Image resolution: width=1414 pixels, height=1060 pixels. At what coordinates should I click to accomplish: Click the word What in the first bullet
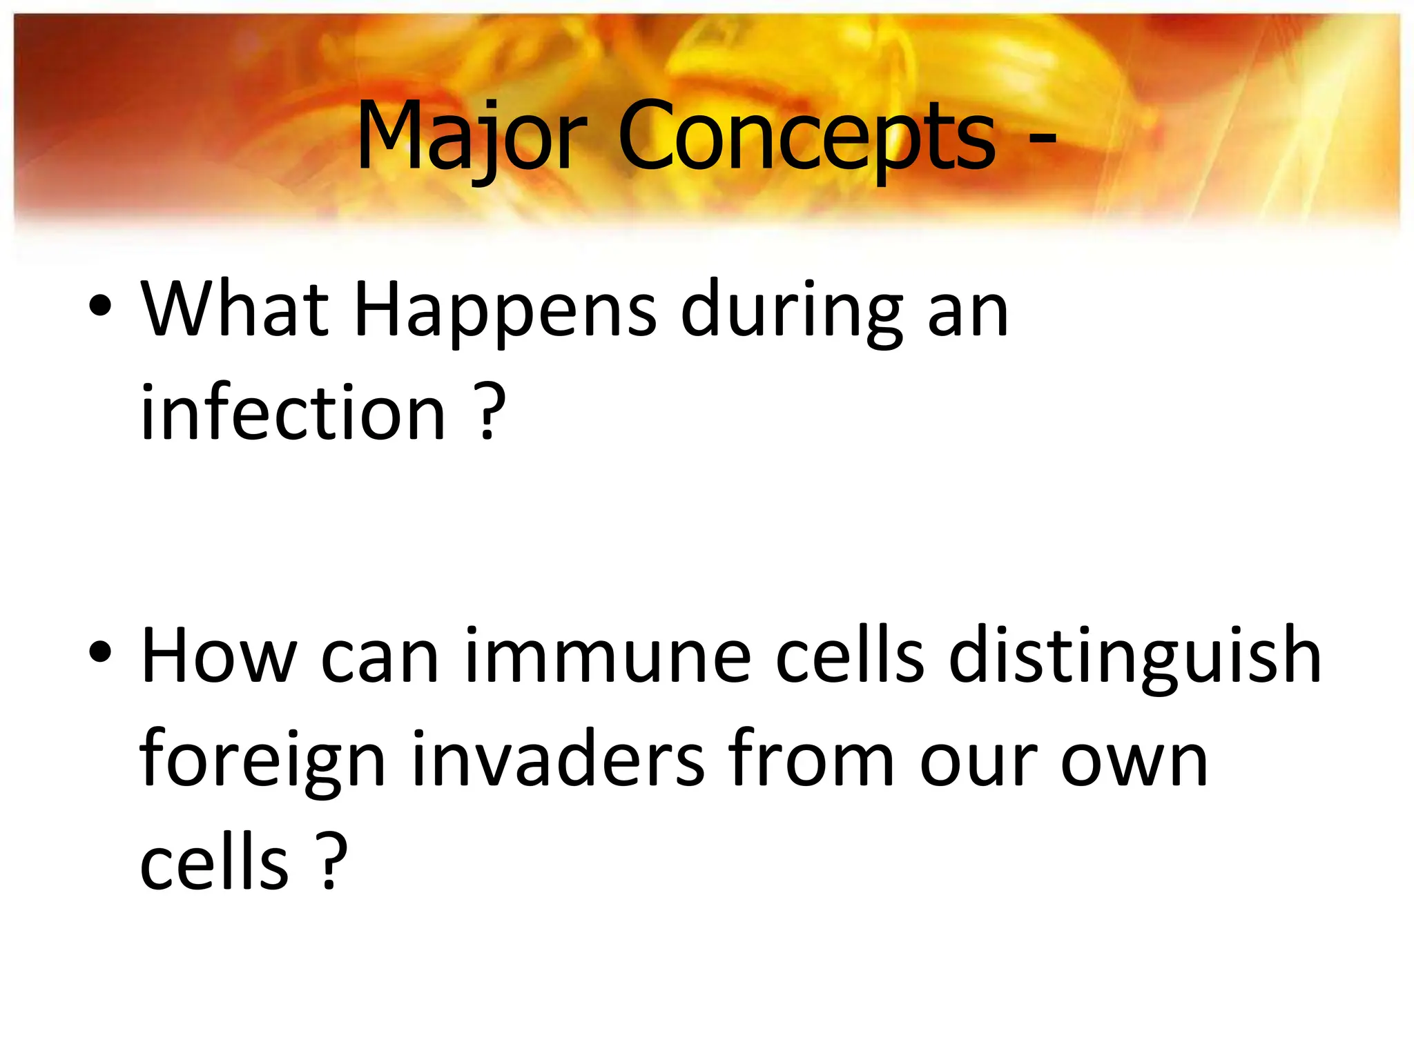[x=235, y=311]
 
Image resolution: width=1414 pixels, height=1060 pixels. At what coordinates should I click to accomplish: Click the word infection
[x=293, y=414]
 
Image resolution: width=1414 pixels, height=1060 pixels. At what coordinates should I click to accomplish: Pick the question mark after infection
[x=488, y=414]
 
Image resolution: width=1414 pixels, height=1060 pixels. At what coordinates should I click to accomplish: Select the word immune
[x=608, y=656]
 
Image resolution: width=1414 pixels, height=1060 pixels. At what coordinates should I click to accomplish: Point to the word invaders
[x=558, y=759]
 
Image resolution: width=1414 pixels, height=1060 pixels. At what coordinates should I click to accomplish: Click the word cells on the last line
[x=214, y=863]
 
